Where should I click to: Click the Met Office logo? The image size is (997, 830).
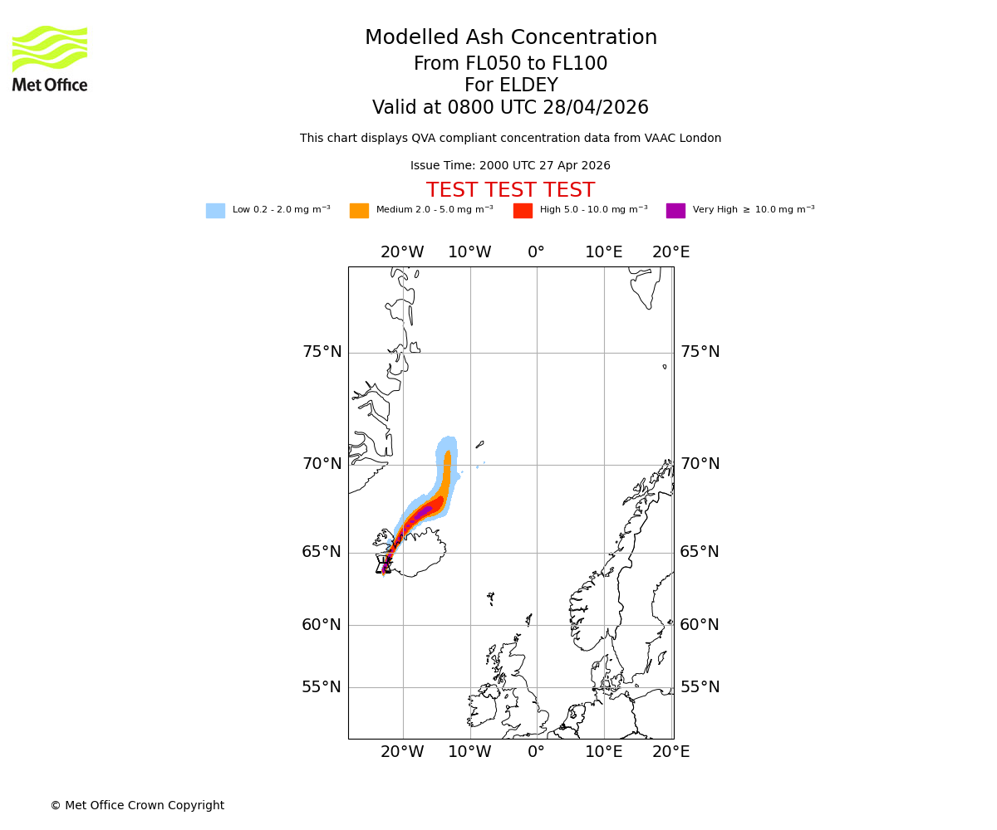[50, 58]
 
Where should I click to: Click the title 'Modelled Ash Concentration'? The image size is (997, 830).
[510, 38]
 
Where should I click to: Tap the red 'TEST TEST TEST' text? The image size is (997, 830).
[510, 191]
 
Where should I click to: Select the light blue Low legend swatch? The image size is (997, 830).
[215, 211]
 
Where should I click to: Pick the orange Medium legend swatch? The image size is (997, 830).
[359, 211]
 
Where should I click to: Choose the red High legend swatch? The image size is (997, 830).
[523, 211]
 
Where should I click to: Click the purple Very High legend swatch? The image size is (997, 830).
[675, 211]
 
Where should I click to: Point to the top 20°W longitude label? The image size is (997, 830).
[402, 252]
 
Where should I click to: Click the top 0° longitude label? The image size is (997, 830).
[537, 252]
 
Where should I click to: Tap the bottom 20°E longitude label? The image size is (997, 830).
[670, 752]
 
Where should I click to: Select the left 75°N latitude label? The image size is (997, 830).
[322, 352]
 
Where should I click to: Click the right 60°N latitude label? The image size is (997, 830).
[700, 625]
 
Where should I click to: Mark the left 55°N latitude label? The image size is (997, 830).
[322, 687]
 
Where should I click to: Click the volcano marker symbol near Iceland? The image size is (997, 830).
[383, 565]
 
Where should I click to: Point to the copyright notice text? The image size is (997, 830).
[137, 806]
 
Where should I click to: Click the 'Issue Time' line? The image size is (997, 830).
[510, 166]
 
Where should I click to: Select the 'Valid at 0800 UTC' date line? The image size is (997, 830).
[510, 108]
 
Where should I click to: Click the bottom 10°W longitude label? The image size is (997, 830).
[469, 752]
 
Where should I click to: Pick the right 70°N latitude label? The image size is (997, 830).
[700, 464]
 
